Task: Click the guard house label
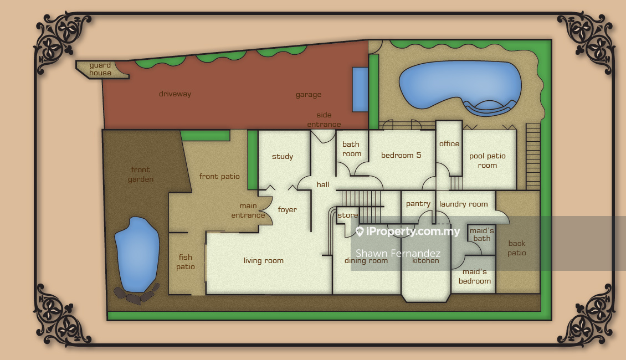click(100, 69)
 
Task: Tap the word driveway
click(175, 94)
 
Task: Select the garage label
click(308, 95)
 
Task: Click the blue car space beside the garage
click(360, 89)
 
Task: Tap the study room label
click(283, 156)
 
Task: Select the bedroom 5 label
click(401, 155)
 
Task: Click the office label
click(449, 143)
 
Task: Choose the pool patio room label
click(488, 161)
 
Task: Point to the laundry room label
click(464, 204)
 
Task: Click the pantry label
click(418, 204)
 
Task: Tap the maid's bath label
click(482, 235)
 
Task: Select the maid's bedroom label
click(475, 276)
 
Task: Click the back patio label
click(517, 248)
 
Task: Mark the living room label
click(264, 261)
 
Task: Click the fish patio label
click(186, 262)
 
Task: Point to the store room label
click(348, 215)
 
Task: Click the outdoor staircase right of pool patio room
click(533, 156)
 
